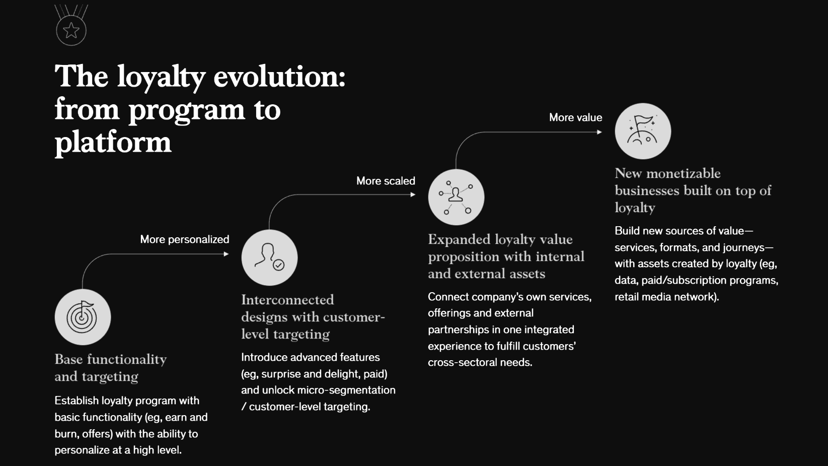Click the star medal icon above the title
click(71, 25)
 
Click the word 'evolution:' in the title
click(279, 77)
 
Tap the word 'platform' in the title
click(113, 143)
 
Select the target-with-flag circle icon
click(83, 317)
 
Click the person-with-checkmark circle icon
click(269, 257)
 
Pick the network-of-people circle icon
click(456, 197)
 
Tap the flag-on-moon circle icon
click(643, 131)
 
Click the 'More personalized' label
click(184, 239)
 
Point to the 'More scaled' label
click(386, 181)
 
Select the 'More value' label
click(575, 117)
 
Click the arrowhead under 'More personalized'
click(227, 254)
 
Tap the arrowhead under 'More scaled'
click(413, 194)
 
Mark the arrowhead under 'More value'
click(599, 132)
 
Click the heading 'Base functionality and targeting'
click(111, 368)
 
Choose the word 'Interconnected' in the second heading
click(287, 300)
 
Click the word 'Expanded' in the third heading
click(459, 240)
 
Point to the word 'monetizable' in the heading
click(684, 173)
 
